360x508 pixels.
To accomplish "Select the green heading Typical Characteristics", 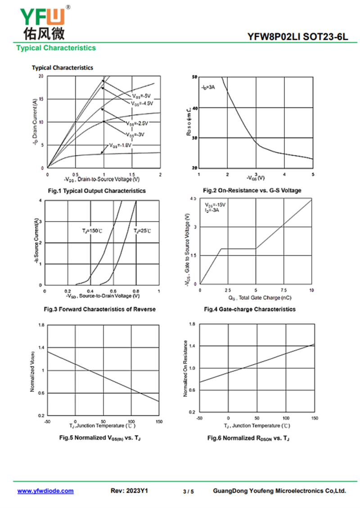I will coord(56,48).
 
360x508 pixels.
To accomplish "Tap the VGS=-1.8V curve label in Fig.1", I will coord(120,146).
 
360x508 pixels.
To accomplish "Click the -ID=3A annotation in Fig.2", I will coord(208,87).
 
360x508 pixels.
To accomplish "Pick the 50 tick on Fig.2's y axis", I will coord(194,77).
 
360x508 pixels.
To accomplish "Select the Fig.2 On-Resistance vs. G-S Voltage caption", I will coord(252,191).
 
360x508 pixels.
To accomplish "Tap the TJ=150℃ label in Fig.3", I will coord(92,231).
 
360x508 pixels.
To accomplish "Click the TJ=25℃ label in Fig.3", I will coord(142,231).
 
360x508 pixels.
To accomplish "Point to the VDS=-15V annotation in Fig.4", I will coord(215,205).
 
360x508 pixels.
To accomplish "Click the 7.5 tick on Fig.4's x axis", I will coord(284,290).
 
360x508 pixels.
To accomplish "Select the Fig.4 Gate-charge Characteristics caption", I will coord(250,309).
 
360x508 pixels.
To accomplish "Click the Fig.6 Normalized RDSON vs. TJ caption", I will coord(248,438).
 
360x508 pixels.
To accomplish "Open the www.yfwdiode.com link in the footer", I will coord(45,491).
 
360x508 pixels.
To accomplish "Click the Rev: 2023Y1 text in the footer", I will coord(129,491).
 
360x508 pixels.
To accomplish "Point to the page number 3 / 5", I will coord(189,491).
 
